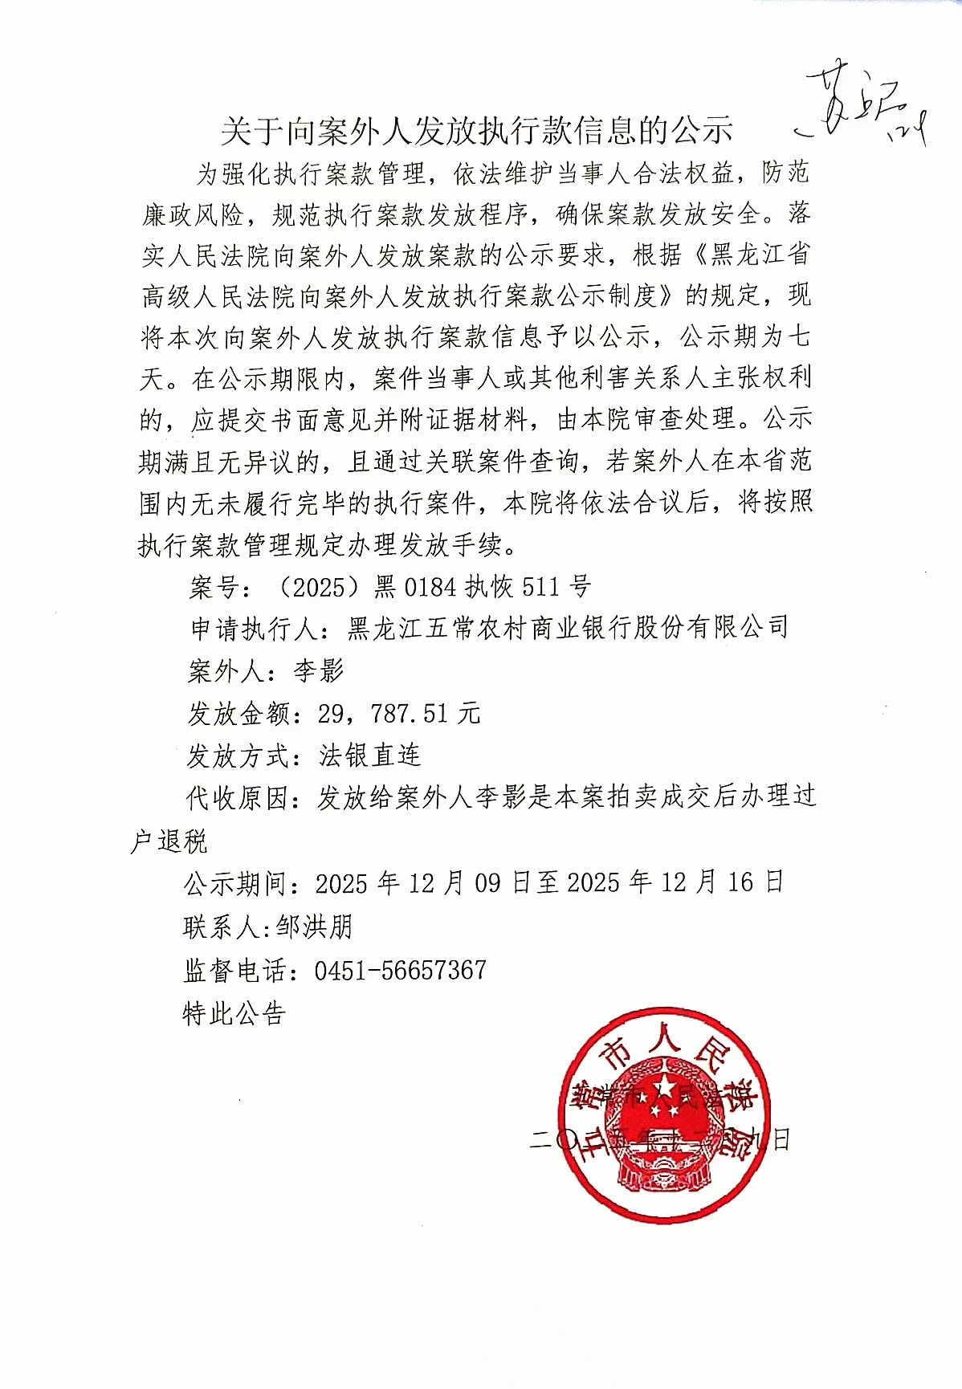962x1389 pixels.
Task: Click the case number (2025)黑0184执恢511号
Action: pos(433,587)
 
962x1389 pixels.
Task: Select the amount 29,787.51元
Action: pos(399,712)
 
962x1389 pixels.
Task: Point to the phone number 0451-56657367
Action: pos(400,970)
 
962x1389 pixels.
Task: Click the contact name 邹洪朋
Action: pos(314,927)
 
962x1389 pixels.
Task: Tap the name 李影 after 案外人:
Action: pos(319,670)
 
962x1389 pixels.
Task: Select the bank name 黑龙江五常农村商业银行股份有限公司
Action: pos(567,628)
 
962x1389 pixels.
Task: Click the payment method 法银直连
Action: pos(369,755)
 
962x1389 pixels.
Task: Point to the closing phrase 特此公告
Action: pos(234,1014)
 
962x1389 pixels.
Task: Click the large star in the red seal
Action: pos(665,1089)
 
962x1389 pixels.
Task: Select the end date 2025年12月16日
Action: pos(675,883)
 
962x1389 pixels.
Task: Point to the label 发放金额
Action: pos(240,713)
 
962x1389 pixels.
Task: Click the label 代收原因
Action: pos(238,798)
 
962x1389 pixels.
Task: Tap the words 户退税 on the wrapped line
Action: pos(169,841)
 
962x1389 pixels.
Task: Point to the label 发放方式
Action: pos(239,756)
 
